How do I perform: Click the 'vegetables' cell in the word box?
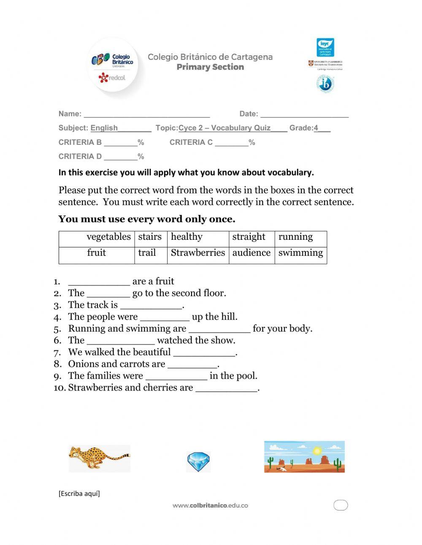tap(108, 237)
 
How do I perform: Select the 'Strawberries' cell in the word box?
tap(197, 253)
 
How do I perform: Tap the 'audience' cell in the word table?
tap(251, 253)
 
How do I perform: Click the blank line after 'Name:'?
tap(146, 114)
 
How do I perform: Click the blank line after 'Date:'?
tap(304, 114)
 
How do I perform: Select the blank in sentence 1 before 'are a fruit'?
tap(99, 282)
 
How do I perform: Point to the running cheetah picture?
tap(100, 458)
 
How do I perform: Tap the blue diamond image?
tap(198, 461)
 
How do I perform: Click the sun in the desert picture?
tap(317, 450)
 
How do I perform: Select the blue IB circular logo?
tap(325, 84)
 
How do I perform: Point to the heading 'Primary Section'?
tap(210, 67)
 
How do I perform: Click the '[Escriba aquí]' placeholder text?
tap(79, 493)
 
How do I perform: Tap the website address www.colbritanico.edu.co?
tap(210, 505)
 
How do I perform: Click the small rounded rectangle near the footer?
tap(341, 505)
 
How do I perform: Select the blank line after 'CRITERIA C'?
tap(231, 143)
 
